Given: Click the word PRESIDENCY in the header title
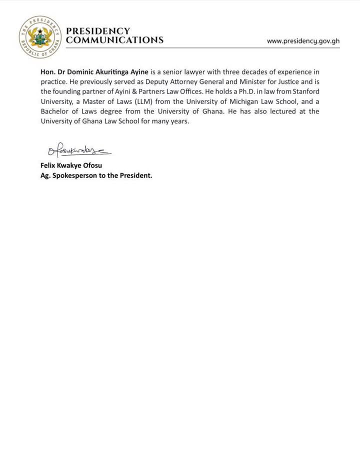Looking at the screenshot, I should pyautogui.click(x=98, y=31).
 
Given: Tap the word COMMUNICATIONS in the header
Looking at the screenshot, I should pyautogui.click(x=114, y=40).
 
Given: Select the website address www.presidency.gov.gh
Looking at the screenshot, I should pyautogui.click(x=303, y=41).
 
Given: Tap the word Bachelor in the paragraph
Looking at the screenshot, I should pyautogui.click(x=55, y=112).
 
